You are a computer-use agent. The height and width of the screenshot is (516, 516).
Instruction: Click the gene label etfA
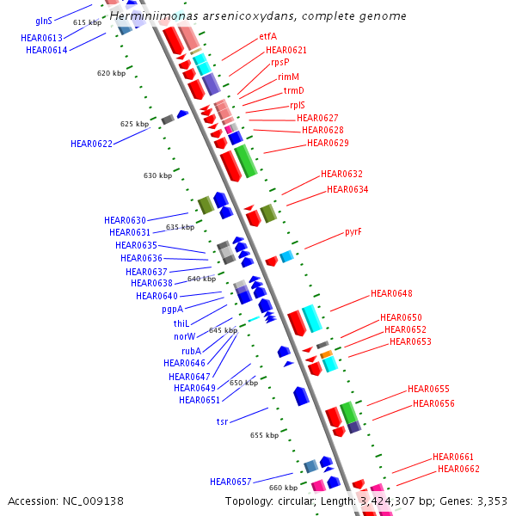[x=267, y=37]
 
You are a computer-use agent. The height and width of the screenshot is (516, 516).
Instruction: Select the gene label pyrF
[x=353, y=232]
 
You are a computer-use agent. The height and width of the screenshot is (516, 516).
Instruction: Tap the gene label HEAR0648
[x=391, y=294]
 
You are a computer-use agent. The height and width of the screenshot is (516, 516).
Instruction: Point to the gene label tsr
[x=222, y=422]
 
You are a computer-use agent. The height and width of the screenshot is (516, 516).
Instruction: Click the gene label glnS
[x=43, y=20]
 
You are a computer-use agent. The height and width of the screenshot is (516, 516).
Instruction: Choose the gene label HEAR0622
[x=91, y=144]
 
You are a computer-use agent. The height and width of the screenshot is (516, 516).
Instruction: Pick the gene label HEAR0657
[x=230, y=482]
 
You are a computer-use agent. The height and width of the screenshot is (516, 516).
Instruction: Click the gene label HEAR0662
[x=458, y=469]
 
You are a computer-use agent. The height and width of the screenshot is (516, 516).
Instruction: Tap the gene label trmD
[x=293, y=91]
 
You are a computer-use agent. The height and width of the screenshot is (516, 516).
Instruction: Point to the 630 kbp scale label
[x=157, y=175]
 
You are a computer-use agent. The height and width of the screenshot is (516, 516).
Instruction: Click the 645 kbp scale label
[x=223, y=330]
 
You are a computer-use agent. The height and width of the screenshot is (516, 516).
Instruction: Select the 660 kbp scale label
[x=283, y=488]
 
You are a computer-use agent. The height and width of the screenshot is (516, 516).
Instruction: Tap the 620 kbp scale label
[x=111, y=74]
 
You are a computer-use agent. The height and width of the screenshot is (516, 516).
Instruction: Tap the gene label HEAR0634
[x=347, y=189]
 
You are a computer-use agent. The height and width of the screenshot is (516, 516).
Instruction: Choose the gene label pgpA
[x=172, y=310]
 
